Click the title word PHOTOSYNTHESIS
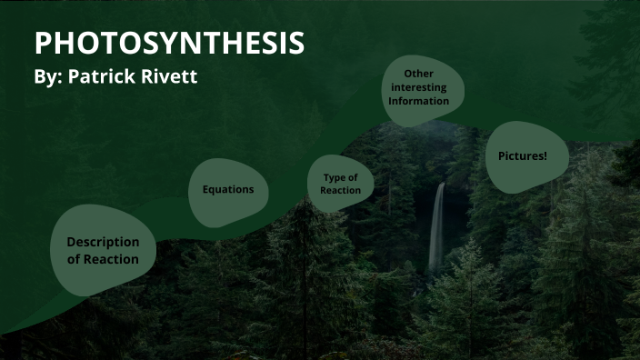coord(169,43)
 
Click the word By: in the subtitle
coord(48,77)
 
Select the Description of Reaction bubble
coord(103,250)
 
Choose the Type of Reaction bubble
coord(340,184)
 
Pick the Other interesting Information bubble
coord(419,87)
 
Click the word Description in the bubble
coord(103,242)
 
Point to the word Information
coord(419,101)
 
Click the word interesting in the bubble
coord(419,87)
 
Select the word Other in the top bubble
coord(419,74)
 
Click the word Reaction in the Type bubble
coord(340,190)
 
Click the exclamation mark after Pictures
coord(545,156)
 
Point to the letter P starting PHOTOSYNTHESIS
coord(43,43)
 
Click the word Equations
coord(227,190)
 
